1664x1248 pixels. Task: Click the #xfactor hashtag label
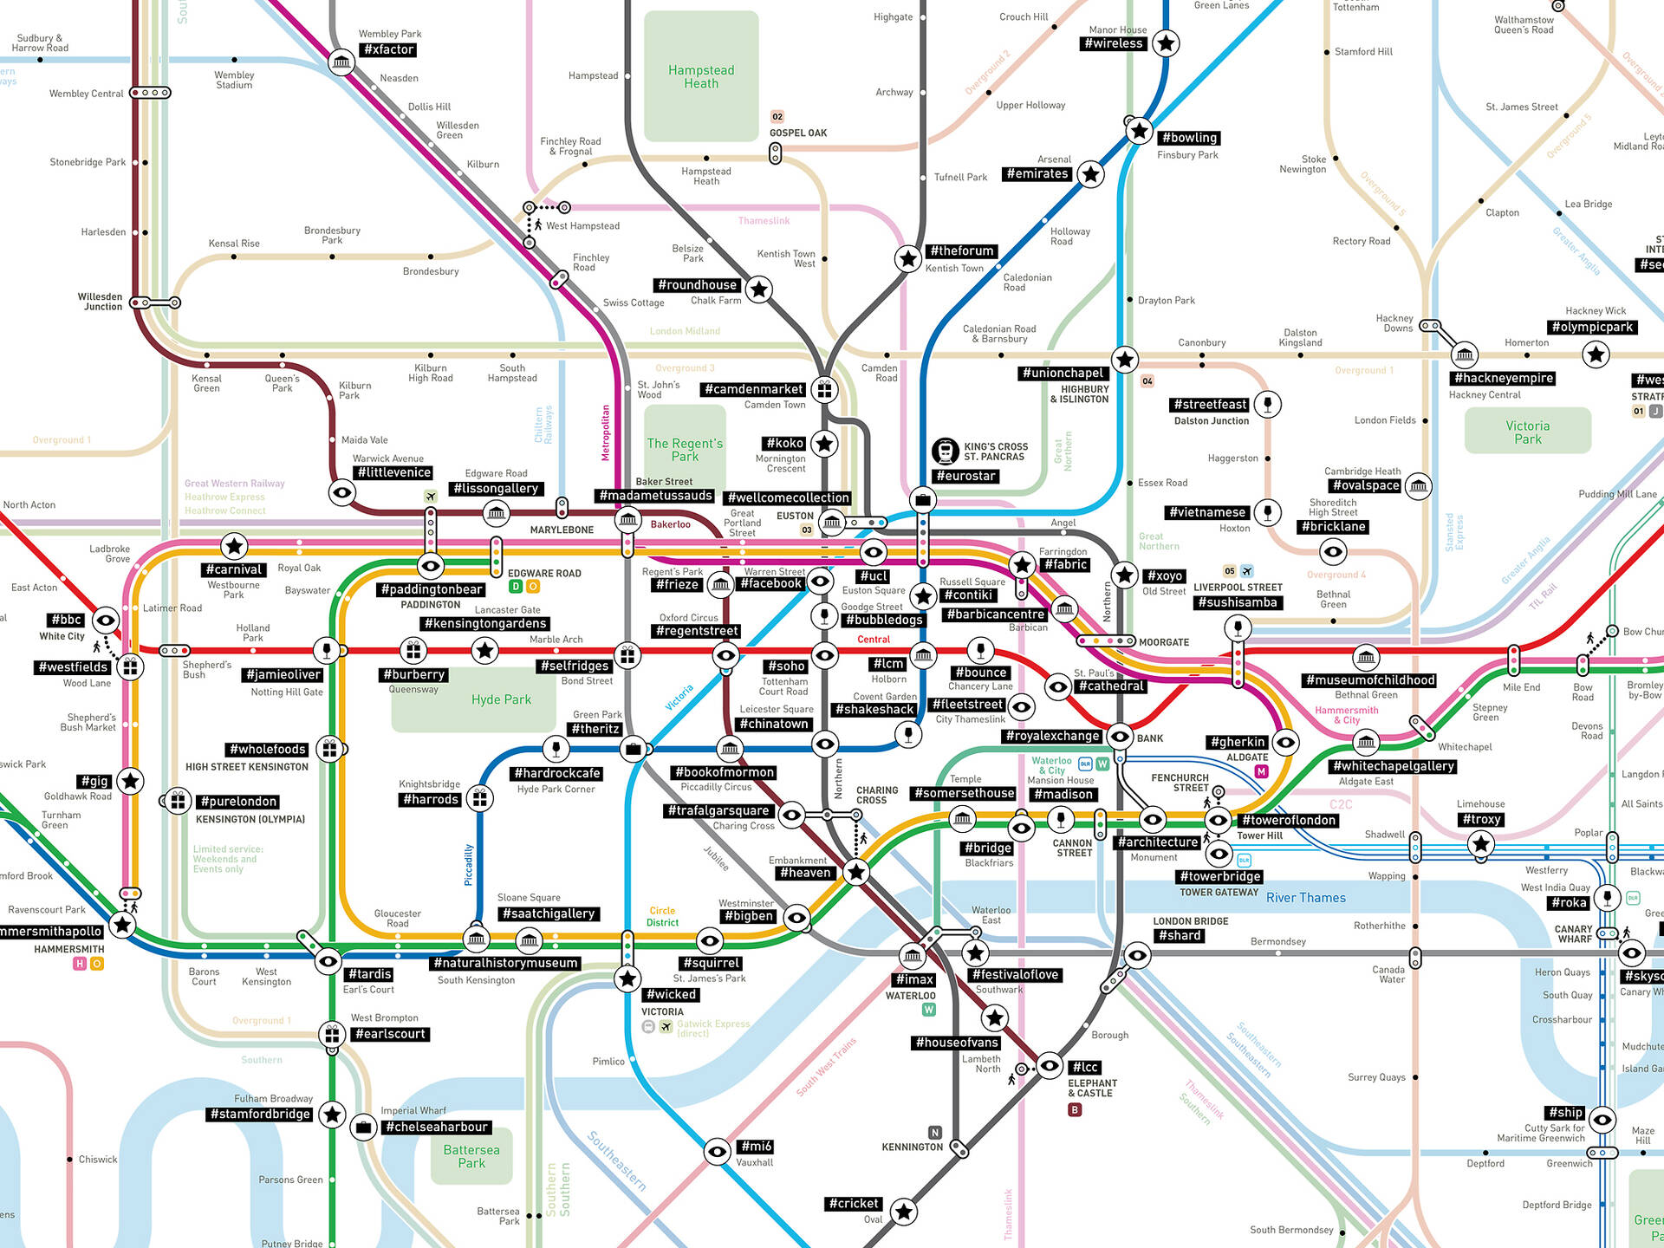coord(389,50)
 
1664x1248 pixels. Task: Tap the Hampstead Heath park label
coord(701,76)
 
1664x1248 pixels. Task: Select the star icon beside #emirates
coord(1091,174)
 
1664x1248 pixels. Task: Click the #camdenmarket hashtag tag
coord(754,390)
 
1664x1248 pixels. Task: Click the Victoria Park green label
coord(1527,432)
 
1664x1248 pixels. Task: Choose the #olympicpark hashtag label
coord(1592,328)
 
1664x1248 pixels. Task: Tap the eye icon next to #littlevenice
coord(342,493)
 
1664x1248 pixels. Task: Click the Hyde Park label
coord(501,699)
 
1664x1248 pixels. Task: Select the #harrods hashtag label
coord(431,799)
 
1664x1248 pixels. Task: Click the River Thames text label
coord(1305,898)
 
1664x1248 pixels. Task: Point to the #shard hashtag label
coord(1179,936)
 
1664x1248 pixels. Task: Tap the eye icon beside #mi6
coord(717,1152)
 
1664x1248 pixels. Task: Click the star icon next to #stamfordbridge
coord(332,1115)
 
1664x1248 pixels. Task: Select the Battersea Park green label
coord(471,1156)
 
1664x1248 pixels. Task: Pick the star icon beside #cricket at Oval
coord(904,1212)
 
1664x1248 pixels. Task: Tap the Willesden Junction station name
coord(100,302)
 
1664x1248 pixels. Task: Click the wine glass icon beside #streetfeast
coord(1268,404)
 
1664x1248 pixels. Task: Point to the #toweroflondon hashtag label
coord(1289,821)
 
